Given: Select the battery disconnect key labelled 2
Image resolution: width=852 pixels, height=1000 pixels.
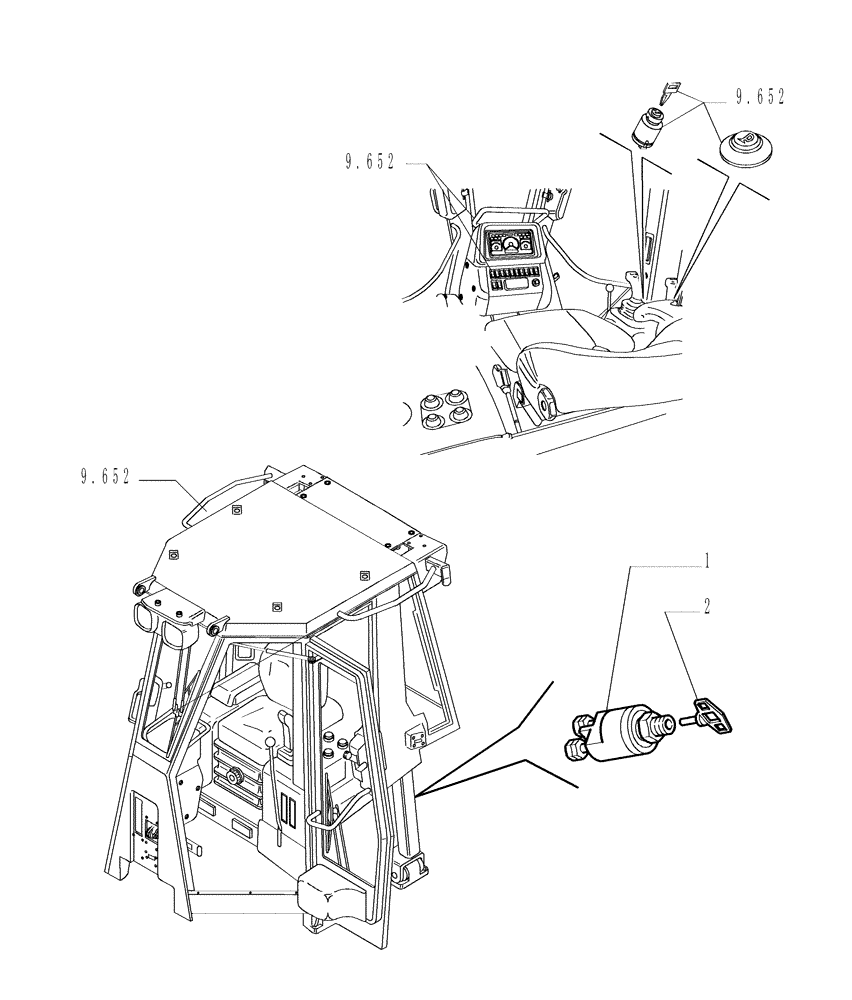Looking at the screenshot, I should click(713, 713).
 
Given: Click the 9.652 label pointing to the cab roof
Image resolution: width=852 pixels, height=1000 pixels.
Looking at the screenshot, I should click(105, 477).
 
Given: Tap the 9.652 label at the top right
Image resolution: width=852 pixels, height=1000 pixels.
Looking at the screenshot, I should click(760, 98).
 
